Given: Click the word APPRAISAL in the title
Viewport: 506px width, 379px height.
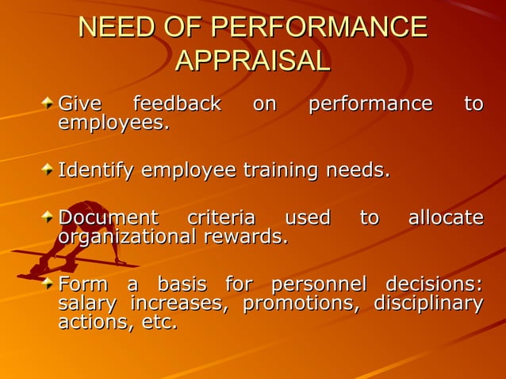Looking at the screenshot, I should pos(252,60).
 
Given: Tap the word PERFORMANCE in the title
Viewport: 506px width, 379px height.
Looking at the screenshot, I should pos(318,27).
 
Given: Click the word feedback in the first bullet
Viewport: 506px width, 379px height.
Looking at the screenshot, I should pos(177,104).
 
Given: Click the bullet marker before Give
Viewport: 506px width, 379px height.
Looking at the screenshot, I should pos(49,104).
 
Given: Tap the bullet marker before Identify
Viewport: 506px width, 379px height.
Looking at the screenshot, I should pos(49,170).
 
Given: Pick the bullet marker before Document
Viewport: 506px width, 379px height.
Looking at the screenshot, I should pos(49,217).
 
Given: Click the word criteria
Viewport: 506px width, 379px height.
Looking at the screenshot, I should pos(221,217).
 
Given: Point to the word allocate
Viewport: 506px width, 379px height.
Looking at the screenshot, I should pos(445,217).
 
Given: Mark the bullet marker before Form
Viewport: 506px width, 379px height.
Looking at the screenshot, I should pos(49,283).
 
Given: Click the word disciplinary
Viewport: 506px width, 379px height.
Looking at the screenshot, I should pos(428,304).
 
